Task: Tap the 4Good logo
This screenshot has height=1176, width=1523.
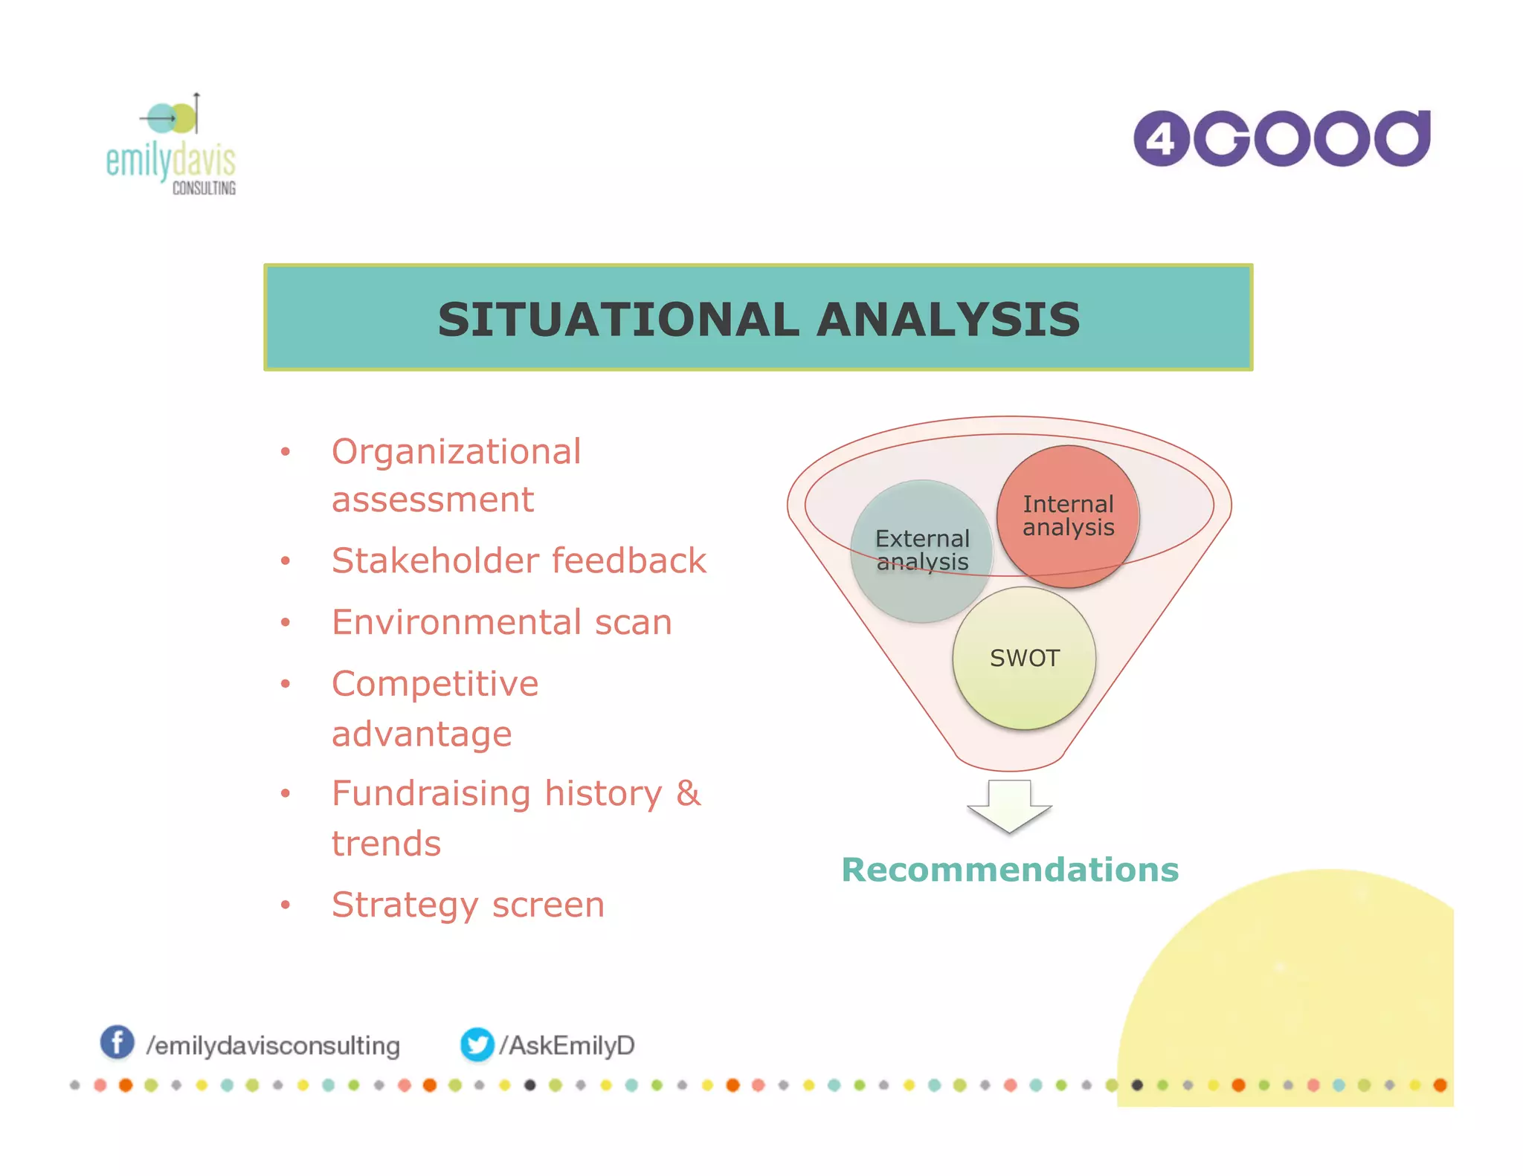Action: point(1281,138)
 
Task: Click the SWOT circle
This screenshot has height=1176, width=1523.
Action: point(1024,658)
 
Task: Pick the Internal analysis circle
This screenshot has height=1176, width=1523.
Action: point(1068,515)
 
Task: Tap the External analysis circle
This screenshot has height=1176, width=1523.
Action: point(922,550)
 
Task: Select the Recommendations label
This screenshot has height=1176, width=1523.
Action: point(1010,870)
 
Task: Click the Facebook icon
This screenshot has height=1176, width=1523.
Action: point(117,1042)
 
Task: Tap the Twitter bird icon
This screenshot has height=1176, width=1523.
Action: point(477,1044)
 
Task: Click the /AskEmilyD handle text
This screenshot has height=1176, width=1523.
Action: point(567,1045)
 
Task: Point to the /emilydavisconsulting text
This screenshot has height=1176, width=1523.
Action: point(273,1046)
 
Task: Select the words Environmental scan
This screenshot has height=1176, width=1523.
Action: point(502,622)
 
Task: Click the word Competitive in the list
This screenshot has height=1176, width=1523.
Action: point(435,684)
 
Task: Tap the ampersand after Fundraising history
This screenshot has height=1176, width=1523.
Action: point(688,793)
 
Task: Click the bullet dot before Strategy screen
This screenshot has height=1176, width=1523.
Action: point(285,905)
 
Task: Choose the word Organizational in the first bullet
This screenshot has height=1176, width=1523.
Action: point(456,452)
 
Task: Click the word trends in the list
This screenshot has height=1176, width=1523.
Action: point(386,844)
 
